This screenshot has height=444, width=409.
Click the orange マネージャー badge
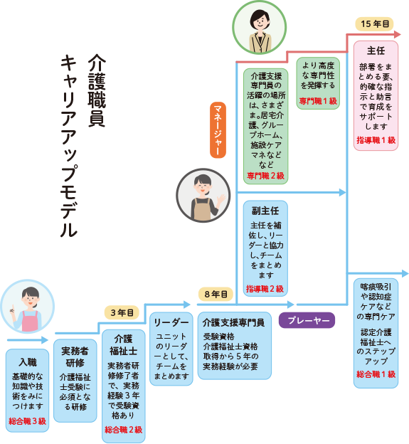tap(218, 129)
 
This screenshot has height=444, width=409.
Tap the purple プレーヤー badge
tap(307, 320)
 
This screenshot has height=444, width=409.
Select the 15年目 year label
tap(374, 24)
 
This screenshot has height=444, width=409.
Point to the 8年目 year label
tap(216, 294)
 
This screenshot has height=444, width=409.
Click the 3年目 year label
tap(122, 312)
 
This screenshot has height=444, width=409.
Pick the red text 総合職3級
tap(27, 421)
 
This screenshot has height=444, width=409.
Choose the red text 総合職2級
tap(123, 430)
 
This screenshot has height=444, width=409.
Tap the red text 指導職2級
tap(265, 289)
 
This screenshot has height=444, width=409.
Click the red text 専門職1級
tap(318, 101)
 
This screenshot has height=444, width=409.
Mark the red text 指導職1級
tap(376, 140)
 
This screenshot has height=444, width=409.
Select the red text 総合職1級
tap(376, 374)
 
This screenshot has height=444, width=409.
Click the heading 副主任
tap(265, 211)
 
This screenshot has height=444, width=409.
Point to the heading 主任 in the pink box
tap(376, 51)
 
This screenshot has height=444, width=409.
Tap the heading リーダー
tap(171, 322)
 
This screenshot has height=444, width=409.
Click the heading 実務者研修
tap(75, 356)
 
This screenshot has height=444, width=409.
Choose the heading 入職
tap(28, 362)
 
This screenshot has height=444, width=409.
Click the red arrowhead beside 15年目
tap(398, 34)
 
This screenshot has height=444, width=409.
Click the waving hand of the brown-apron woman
tap(221, 199)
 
